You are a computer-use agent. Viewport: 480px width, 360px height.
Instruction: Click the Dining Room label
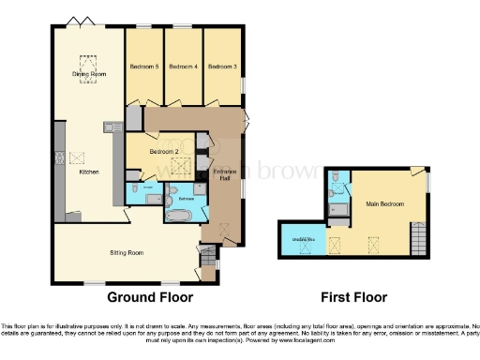pos(89,73)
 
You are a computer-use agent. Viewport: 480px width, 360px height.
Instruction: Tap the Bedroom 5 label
pos(143,67)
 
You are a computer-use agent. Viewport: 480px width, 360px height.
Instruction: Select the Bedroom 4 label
pos(183,67)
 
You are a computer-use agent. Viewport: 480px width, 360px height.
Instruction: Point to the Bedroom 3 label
pos(222,67)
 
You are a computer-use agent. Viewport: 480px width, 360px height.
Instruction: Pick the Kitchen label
pos(89,172)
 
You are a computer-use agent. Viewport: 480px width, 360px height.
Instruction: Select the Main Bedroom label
pos(384,203)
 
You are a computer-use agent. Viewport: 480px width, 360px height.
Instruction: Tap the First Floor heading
pos(353,297)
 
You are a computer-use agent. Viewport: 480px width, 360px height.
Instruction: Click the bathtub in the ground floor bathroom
pos(179,216)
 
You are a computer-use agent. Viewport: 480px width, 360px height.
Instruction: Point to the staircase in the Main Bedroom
pos(418,241)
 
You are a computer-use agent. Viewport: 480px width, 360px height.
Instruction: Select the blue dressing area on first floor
pos(303,242)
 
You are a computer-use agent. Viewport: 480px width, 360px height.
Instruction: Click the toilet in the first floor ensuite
pos(336,177)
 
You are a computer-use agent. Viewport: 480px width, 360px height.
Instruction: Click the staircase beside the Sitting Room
pos(207,254)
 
